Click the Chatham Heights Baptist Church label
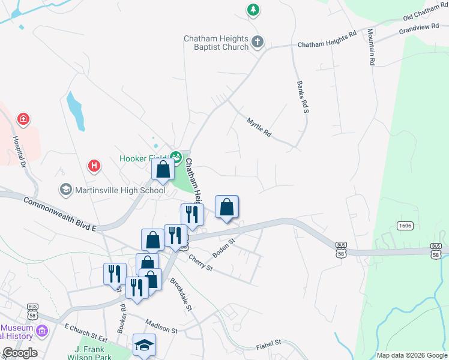point(215,43)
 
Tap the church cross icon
point(258,42)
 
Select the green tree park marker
point(253,10)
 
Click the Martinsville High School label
point(120,190)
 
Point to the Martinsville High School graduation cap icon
point(65,190)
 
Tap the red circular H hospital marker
point(94,165)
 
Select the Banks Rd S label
point(301,97)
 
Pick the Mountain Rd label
point(372,46)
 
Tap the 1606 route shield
point(405,225)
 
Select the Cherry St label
point(200,263)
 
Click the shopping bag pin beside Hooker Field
point(163,170)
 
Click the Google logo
point(20,353)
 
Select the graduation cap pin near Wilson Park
point(144,345)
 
